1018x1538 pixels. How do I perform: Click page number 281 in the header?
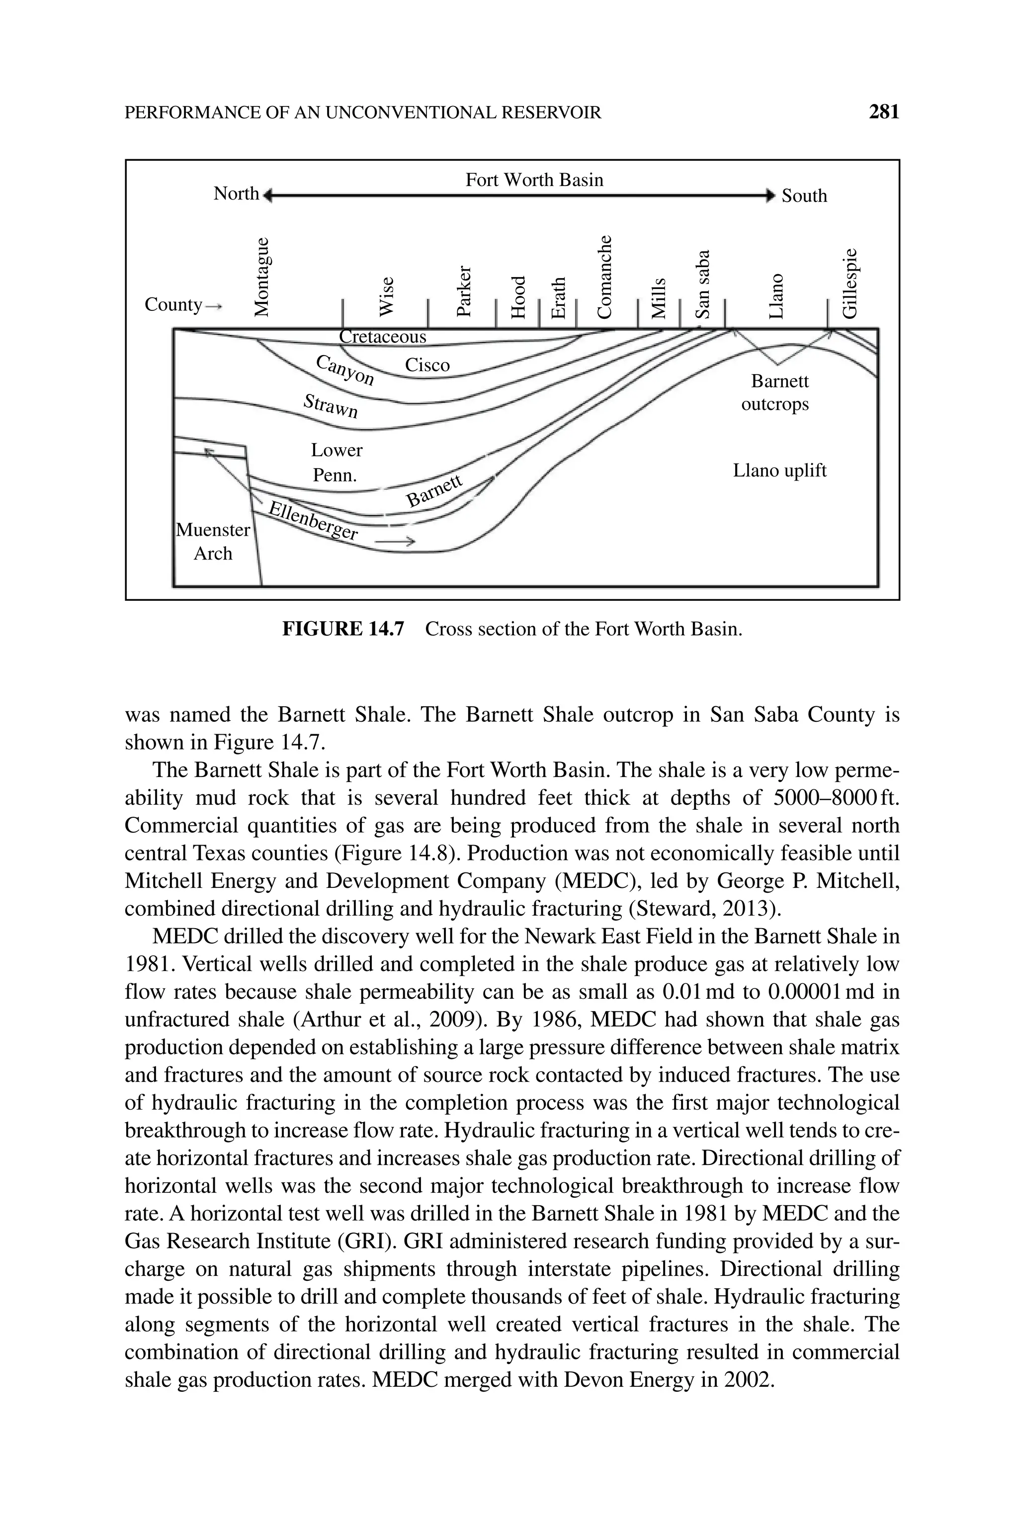pyautogui.click(x=884, y=112)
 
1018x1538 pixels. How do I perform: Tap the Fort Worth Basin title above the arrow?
pyautogui.click(x=534, y=180)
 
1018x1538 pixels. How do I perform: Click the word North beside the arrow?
pyautogui.click(x=236, y=193)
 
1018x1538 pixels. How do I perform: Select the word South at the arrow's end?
pyautogui.click(x=804, y=195)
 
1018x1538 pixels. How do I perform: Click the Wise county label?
pyautogui.click(x=386, y=297)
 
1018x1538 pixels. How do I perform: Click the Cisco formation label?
pyautogui.click(x=427, y=365)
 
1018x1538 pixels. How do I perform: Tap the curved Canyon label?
pyautogui.click(x=345, y=370)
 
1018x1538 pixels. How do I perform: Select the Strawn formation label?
pyautogui.click(x=331, y=406)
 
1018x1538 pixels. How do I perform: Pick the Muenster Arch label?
pyautogui.click(x=213, y=542)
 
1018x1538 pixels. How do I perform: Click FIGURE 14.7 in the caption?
pyautogui.click(x=343, y=629)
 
